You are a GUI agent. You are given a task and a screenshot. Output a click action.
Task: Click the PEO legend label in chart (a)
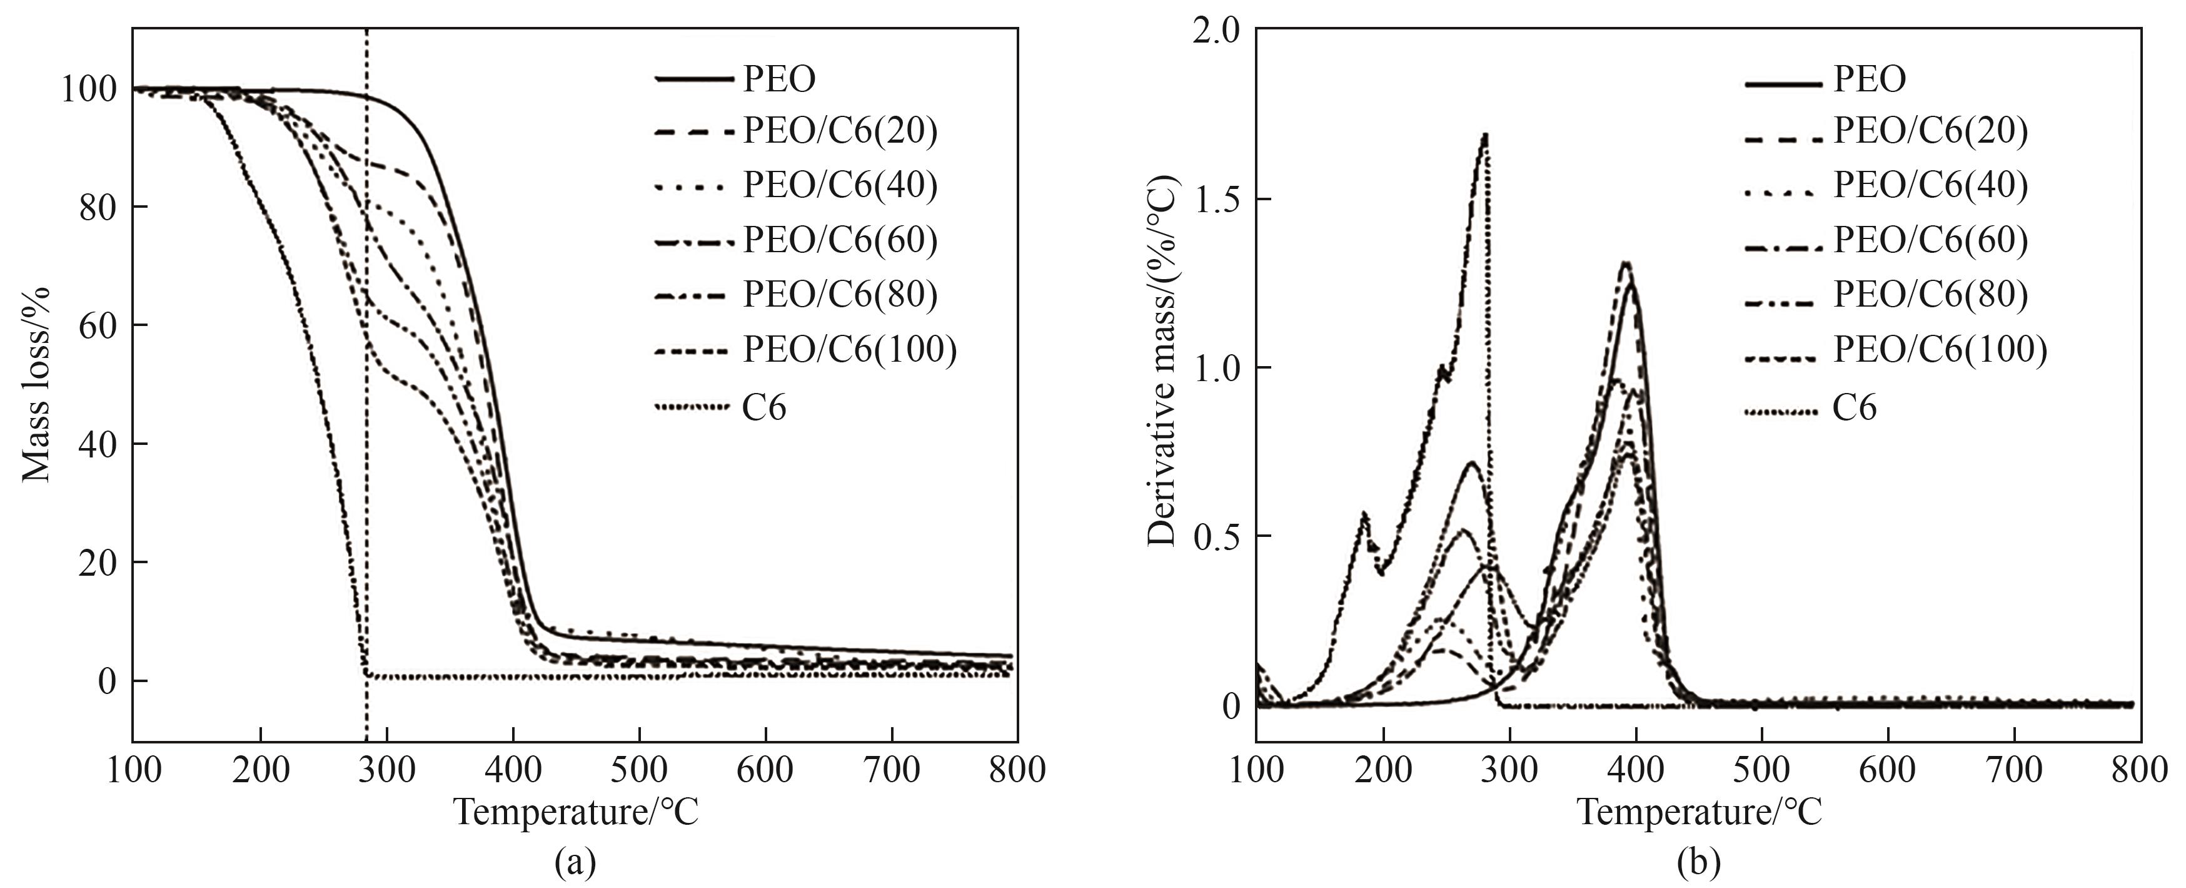click(779, 79)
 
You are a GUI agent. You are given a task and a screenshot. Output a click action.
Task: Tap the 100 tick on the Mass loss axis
click(88, 89)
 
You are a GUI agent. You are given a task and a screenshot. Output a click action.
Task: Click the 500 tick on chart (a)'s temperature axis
click(640, 770)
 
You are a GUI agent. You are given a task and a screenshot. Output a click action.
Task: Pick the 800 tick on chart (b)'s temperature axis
click(2140, 770)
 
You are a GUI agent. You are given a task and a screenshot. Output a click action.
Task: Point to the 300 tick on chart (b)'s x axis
click(1509, 770)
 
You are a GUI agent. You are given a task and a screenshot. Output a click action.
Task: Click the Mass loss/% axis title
click(36, 385)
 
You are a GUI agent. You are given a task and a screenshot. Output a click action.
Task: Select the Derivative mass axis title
click(1162, 361)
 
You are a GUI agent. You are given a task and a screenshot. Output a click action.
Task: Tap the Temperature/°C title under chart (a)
click(577, 812)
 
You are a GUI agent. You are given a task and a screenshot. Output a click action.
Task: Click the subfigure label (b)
click(1699, 864)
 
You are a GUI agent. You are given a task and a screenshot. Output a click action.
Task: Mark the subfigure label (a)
click(575, 864)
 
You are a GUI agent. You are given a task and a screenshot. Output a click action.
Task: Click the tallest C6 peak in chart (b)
click(1485, 135)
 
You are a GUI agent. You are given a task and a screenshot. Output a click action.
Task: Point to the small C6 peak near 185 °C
click(1364, 514)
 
